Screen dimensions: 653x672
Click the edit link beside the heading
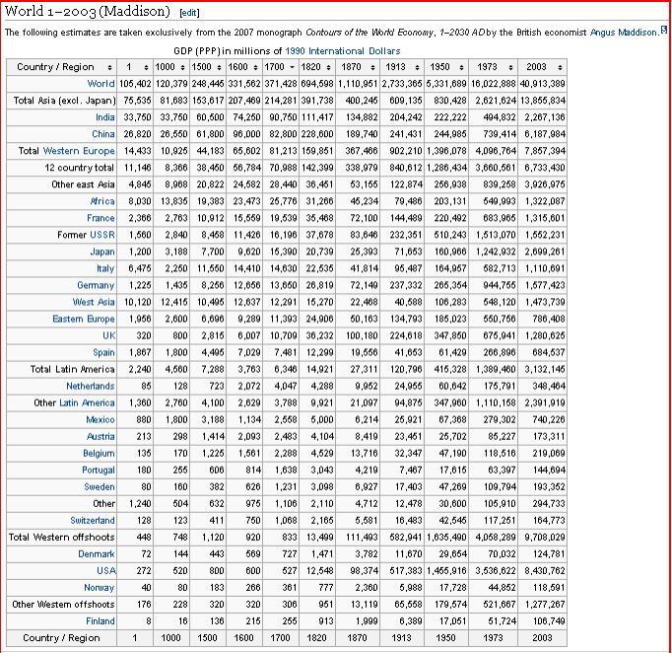(x=189, y=12)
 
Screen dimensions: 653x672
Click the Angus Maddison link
(x=624, y=32)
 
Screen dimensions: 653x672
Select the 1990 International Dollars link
(x=343, y=50)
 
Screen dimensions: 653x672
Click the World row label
(x=101, y=84)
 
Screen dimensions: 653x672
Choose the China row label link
(x=103, y=134)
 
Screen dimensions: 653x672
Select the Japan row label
(x=102, y=252)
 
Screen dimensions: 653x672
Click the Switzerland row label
(x=93, y=520)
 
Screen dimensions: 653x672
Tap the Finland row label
(x=101, y=620)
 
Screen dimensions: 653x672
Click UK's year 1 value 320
(x=130, y=335)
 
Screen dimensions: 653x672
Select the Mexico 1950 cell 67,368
(x=449, y=419)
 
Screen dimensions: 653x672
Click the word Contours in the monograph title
(x=344, y=32)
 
